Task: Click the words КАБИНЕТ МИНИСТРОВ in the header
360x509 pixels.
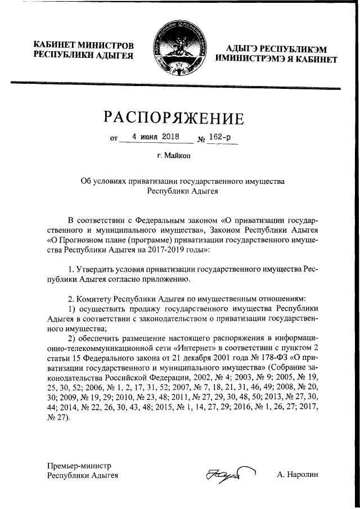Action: coord(84,44)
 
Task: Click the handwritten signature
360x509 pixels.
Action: coord(231,475)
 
